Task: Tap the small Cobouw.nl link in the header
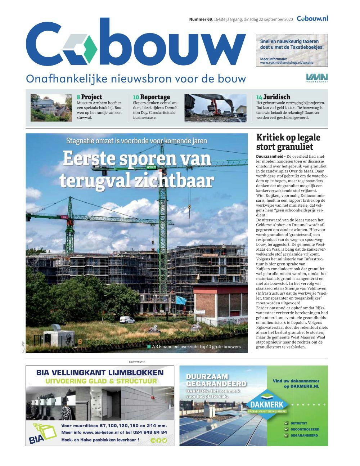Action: [x=312, y=19]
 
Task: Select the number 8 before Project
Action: [x=78, y=97]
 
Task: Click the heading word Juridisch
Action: [x=276, y=97]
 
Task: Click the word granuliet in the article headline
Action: [x=295, y=147]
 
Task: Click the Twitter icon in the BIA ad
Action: [x=165, y=440]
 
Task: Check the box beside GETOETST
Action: [x=286, y=424]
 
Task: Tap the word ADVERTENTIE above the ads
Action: [x=137, y=362]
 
